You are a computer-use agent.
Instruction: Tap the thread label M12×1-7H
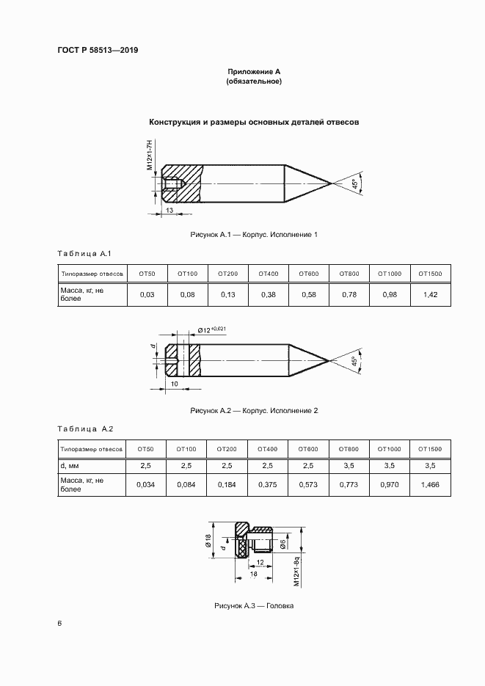[150, 155]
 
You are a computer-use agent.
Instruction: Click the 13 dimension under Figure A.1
[169, 210]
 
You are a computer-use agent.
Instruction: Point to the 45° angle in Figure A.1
[354, 184]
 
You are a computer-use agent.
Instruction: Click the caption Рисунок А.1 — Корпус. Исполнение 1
[254, 234]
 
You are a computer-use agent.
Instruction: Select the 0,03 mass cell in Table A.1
[147, 295]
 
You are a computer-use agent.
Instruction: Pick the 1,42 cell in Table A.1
[431, 295]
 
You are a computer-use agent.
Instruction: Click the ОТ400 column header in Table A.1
[268, 274]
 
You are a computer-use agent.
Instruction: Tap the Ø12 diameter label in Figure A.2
[213, 330]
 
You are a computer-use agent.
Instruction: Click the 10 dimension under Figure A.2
[175, 383]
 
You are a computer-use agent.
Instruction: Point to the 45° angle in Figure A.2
[354, 362]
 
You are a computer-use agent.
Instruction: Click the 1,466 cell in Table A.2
[431, 485]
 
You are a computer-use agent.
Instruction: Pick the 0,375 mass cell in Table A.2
[268, 485]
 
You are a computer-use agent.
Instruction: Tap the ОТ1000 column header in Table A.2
[390, 448]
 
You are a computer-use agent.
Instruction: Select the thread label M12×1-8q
[296, 572]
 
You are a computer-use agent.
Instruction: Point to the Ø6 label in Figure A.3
[283, 543]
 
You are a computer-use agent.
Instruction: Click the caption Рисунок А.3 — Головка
[254, 606]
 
